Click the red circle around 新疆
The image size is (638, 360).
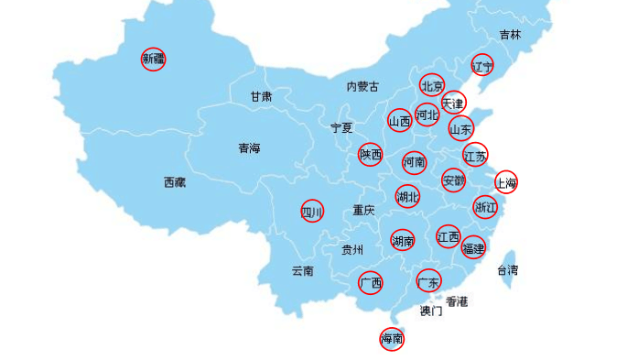click(x=154, y=60)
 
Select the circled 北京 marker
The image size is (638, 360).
click(x=432, y=86)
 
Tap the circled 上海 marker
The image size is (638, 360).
click(x=506, y=182)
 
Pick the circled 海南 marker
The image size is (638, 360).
click(x=392, y=339)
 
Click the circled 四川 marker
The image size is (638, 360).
click(x=312, y=212)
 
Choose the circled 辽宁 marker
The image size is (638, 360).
click(x=482, y=65)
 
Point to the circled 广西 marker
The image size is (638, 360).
click(x=371, y=283)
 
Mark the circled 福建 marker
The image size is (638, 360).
click(x=473, y=247)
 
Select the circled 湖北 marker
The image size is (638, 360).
click(x=407, y=196)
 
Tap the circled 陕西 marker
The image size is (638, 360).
click(x=371, y=155)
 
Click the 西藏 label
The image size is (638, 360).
click(x=175, y=182)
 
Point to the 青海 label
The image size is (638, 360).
click(x=249, y=147)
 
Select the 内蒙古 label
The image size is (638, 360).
click(x=362, y=87)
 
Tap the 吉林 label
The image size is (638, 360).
click(x=510, y=35)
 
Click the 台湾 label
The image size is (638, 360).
click(x=507, y=269)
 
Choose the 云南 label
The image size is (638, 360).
click(x=303, y=270)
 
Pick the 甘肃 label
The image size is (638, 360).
click(x=261, y=96)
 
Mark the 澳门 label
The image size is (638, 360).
click(x=431, y=311)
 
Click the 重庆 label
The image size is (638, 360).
click(x=363, y=210)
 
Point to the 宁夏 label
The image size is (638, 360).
click(x=341, y=127)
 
